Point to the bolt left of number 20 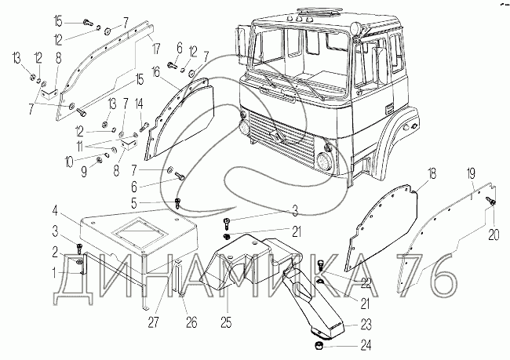click(491, 202)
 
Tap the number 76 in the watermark click(425, 276)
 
